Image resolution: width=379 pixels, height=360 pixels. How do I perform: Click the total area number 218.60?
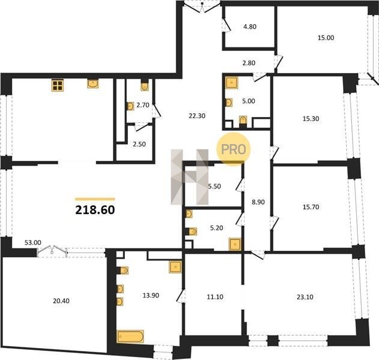(x=95, y=210)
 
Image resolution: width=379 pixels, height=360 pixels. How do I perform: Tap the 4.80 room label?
(x=250, y=26)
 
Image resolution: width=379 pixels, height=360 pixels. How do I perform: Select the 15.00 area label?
(x=326, y=38)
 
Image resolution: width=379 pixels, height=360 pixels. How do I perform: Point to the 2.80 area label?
(x=249, y=63)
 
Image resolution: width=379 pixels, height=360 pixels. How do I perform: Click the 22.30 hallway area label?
(x=197, y=116)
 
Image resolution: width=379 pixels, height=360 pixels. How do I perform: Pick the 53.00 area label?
(x=33, y=242)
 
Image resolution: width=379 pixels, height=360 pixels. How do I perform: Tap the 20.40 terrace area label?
(x=61, y=301)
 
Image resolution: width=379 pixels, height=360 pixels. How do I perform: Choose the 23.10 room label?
(x=305, y=297)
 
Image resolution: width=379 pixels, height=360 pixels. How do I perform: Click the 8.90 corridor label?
(x=258, y=202)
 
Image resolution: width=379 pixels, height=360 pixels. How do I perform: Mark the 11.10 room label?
(x=215, y=297)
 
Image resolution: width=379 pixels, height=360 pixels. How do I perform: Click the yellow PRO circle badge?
(x=233, y=149)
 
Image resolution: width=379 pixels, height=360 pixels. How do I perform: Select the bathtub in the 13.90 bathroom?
(x=130, y=337)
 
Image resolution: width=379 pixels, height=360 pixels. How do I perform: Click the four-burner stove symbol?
(x=58, y=85)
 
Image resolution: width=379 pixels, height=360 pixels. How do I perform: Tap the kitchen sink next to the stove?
(x=93, y=83)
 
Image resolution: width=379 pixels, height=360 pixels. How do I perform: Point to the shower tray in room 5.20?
(x=235, y=244)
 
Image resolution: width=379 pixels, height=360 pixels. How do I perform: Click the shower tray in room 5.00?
(x=232, y=83)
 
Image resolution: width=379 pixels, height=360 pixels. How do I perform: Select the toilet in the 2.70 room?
(x=145, y=86)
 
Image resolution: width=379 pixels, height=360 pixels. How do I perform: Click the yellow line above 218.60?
(x=95, y=199)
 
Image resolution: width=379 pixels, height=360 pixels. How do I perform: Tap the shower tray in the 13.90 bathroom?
(x=175, y=267)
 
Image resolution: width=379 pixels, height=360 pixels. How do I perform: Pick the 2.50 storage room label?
(x=139, y=144)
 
